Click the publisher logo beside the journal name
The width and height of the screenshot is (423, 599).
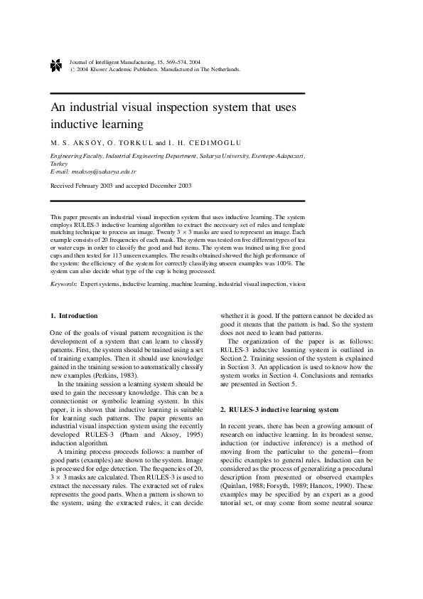coord(57,66)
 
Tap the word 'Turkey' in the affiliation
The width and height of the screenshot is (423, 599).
coord(59,163)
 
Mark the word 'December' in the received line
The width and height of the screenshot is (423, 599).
coord(158,185)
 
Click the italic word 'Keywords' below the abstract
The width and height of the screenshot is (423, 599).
coord(64,283)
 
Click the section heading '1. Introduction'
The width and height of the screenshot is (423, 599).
coord(74,315)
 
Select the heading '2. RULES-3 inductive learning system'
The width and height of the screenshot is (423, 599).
coord(269,410)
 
